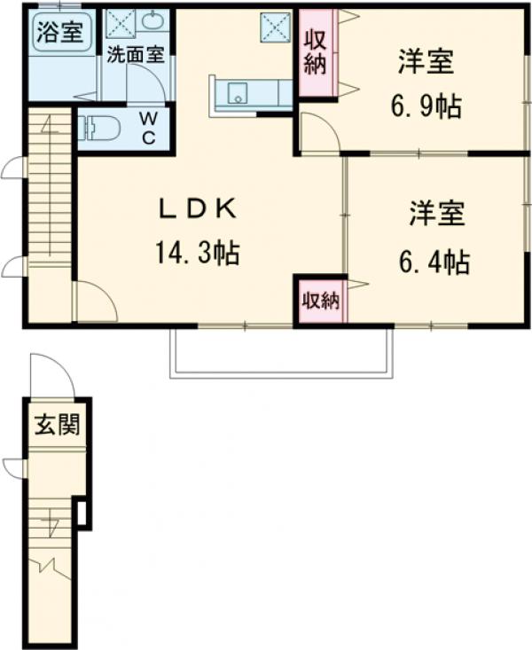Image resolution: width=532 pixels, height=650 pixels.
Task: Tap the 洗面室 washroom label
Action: (x=135, y=54)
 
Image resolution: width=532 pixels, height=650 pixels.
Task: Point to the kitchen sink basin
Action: (x=237, y=95)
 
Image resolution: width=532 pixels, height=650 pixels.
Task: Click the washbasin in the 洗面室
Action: (x=153, y=21)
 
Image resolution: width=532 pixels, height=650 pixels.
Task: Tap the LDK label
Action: (x=197, y=209)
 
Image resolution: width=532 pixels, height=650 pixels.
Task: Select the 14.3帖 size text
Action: (x=197, y=255)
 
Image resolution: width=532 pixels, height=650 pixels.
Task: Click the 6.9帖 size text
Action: (x=426, y=107)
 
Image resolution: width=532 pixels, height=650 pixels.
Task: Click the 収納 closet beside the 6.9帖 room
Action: (x=315, y=52)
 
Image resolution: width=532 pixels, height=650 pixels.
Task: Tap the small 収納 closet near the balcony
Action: (x=320, y=300)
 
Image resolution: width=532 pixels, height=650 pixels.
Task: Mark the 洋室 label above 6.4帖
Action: (x=437, y=214)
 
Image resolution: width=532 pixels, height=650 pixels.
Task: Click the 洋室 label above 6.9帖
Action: (x=426, y=64)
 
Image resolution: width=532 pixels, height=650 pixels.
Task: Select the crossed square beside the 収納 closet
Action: (x=273, y=27)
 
